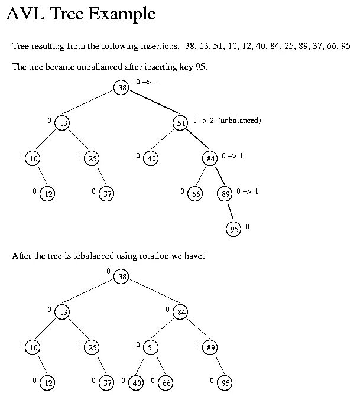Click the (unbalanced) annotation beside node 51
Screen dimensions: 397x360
point(239,120)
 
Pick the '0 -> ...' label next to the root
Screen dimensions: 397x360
point(148,82)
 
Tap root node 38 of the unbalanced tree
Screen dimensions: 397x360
point(122,88)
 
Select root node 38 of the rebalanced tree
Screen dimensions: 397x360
point(122,276)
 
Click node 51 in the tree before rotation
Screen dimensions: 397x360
point(181,123)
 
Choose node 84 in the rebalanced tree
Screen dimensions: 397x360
point(181,312)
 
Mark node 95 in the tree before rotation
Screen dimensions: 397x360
point(233,230)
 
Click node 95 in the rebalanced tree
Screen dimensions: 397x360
point(225,383)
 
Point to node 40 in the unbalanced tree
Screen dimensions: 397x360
point(151,158)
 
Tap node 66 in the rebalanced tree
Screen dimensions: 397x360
point(166,383)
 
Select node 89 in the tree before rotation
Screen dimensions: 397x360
point(225,194)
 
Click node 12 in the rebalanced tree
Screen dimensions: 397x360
point(48,383)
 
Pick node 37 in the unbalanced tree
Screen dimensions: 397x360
point(106,194)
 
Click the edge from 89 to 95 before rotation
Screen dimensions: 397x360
point(229,212)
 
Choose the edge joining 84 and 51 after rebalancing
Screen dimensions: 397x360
point(166,330)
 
